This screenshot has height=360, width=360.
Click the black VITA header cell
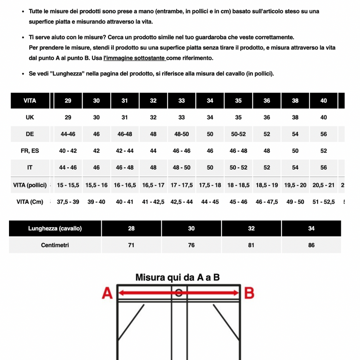coord(30,101)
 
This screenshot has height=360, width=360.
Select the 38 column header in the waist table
coord(295,101)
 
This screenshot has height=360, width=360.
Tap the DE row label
coord(30,134)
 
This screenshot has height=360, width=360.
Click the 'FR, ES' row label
coord(30,151)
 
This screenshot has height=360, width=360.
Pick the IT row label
coord(30,167)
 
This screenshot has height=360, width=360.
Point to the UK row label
coord(30,117)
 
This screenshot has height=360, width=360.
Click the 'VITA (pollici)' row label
coord(30,185)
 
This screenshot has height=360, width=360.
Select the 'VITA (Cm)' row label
coord(30,202)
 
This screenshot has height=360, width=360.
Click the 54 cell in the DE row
coord(295,134)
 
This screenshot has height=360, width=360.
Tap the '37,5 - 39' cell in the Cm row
coord(68,202)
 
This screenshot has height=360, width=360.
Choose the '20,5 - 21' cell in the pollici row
coord(323,185)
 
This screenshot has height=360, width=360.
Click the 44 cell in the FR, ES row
coord(153,151)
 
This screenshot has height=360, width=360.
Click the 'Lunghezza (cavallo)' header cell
coord(55,228)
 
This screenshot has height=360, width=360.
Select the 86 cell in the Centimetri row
coord(311,245)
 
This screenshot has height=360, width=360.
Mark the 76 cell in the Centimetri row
coord(191,245)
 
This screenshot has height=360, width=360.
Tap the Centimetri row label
coord(55,245)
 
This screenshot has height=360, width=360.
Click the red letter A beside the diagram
coord(107,293)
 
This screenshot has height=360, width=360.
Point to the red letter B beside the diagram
coord(249,293)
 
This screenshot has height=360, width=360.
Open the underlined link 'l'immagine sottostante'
coord(135,58)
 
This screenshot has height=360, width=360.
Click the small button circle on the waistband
coord(179,293)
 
